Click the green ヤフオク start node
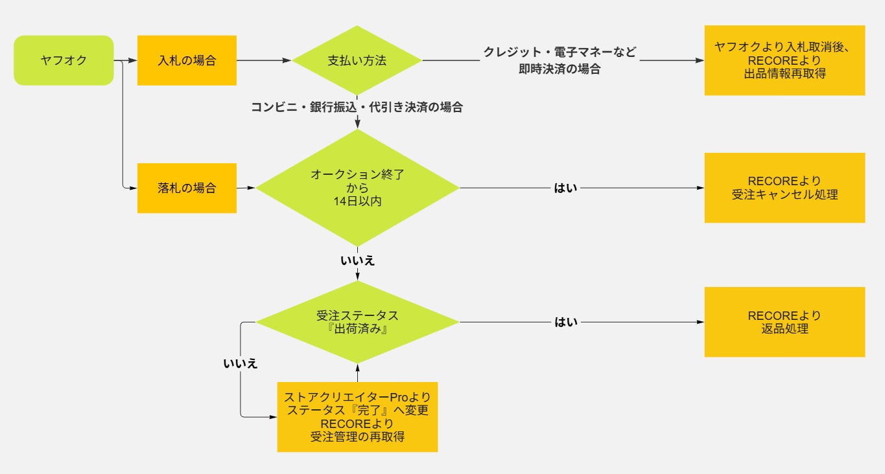(64, 60)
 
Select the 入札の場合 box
(187, 60)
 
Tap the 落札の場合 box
(187, 188)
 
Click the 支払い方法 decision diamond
(357, 61)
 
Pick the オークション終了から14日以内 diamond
(357, 188)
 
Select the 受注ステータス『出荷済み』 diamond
(357, 322)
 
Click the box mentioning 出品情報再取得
(785, 60)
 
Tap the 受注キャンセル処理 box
(785, 188)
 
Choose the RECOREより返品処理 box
(785, 322)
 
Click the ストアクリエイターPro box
(357, 416)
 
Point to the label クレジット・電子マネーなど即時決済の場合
(560, 60)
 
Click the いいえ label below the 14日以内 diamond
(357, 261)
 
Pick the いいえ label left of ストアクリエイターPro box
(241, 363)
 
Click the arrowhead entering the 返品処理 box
(700, 322)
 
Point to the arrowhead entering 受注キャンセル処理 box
(700, 188)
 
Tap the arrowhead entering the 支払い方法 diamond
(288, 61)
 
